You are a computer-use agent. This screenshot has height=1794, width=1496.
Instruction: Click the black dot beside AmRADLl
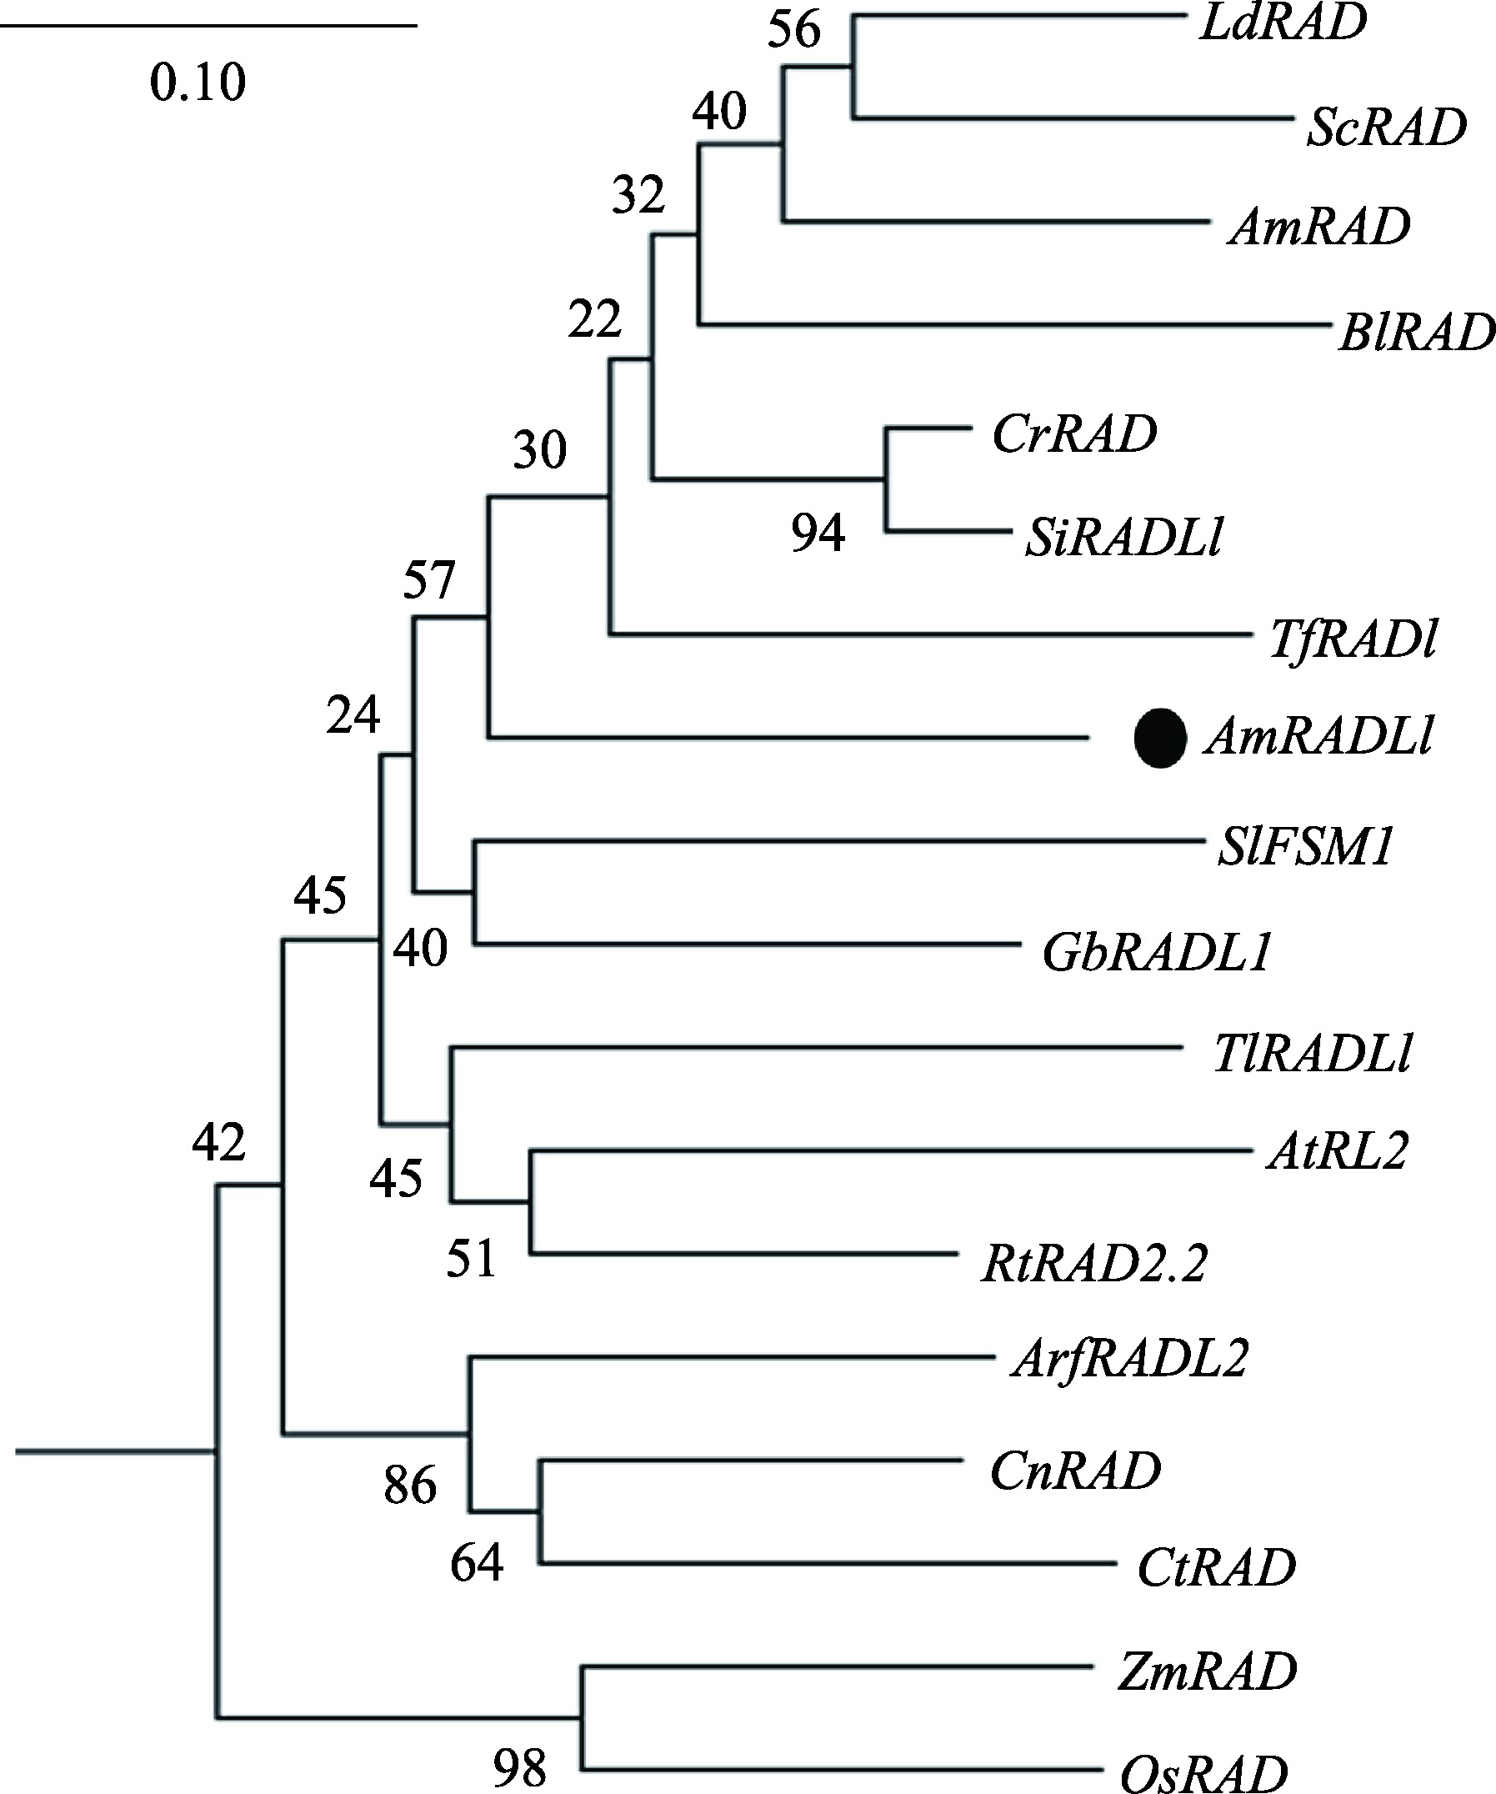click(1159, 738)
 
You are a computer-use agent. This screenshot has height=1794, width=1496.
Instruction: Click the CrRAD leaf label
click(1074, 434)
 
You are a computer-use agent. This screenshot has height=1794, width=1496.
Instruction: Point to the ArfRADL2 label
click(1128, 1358)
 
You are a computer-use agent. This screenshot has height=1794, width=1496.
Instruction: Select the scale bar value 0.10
click(198, 83)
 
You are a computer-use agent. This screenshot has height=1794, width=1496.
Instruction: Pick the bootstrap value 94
click(817, 534)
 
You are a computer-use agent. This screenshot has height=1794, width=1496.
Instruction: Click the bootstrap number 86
click(410, 1486)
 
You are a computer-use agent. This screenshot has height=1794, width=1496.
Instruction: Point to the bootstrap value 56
click(794, 30)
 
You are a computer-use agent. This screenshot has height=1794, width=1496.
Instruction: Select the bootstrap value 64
click(477, 1564)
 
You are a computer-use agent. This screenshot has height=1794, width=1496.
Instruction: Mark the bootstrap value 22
click(594, 321)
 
